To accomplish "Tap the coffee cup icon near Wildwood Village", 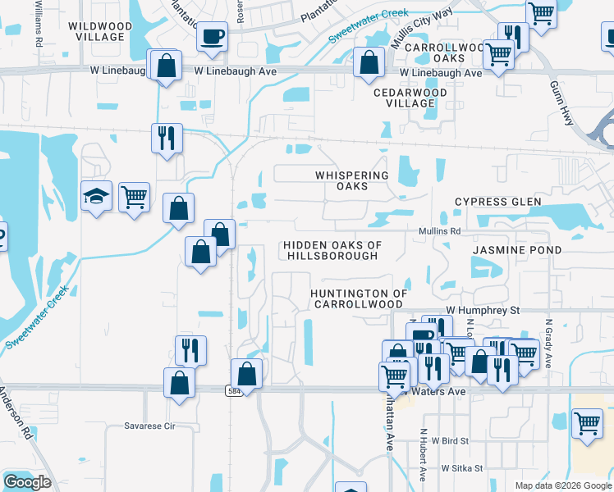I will click(x=213, y=38).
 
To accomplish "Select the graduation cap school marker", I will click(x=96, y=197).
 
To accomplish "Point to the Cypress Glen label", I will click(x=498, y=202).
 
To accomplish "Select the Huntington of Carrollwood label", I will click(x=359, y=298).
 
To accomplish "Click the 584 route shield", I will click(x=233, y=391).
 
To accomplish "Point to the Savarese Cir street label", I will click(x=149, y=426).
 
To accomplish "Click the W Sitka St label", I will click(x=467, y=468).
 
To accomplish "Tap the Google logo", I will click(x=27, y=483).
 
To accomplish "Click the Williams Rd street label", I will click(x=39, y=24).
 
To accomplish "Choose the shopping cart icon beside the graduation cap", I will click(x=134, y=197).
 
